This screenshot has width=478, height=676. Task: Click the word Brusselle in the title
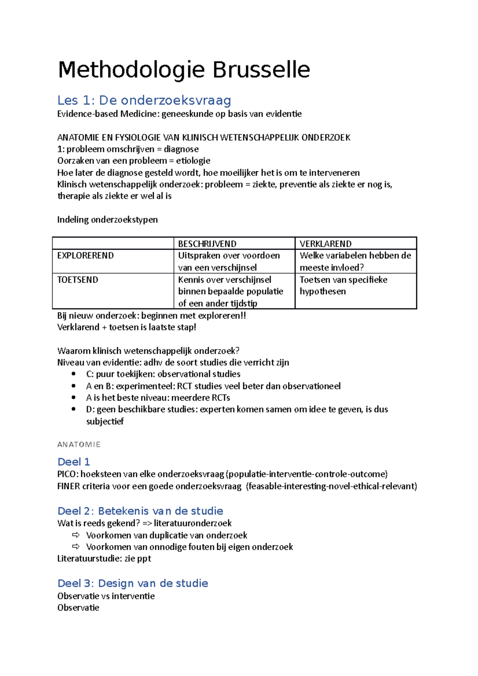tap(261, 70)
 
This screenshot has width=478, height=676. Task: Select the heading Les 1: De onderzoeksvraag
tap(144, 100)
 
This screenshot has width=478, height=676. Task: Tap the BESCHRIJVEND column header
tap(207, 244)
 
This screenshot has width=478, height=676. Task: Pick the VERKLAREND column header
tap(325, 244)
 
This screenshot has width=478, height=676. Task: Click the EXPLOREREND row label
tap(85, 256)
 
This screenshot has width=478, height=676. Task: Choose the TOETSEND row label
tap(78, 280)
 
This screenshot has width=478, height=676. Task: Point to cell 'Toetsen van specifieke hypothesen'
tap(343, 285)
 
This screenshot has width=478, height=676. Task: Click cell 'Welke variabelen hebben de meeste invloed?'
tap(355, 261)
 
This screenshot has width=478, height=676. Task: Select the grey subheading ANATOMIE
tap(79, 445)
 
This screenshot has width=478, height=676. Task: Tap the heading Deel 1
tap(74, 462)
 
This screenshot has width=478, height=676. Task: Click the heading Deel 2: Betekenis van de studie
tap(140, 511)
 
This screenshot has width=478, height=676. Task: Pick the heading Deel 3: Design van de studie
tap(133, 583)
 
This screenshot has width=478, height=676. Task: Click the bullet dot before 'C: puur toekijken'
tap(73, 374)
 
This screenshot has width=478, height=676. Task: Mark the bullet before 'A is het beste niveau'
tap(73, 397)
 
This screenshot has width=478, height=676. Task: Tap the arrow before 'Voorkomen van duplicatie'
tap(76, 535)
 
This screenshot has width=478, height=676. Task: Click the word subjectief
tap(105, 421)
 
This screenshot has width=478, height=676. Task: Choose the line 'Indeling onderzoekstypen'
tap(107, 220)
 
